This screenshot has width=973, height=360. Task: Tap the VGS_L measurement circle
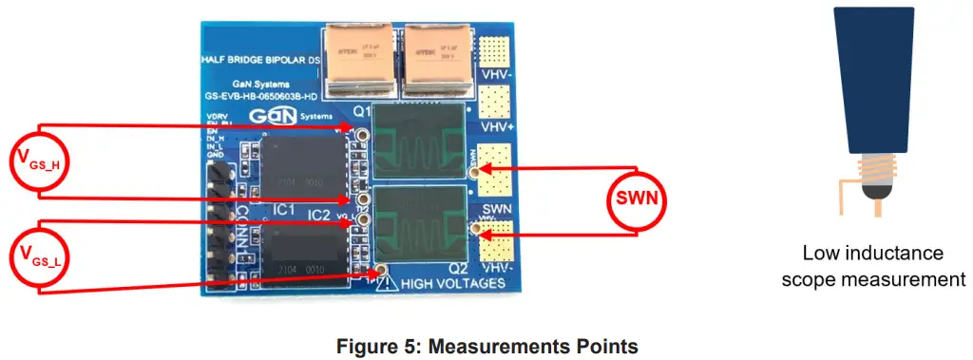(40, 256)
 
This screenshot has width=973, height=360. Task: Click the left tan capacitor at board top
(356, 59)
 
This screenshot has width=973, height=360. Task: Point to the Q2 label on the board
(457, 269)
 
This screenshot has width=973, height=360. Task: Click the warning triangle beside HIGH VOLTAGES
(386, 283)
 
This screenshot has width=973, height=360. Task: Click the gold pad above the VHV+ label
(493, 100)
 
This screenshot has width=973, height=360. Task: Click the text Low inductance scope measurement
(871, 266)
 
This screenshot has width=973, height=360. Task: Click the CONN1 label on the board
(242, 228)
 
